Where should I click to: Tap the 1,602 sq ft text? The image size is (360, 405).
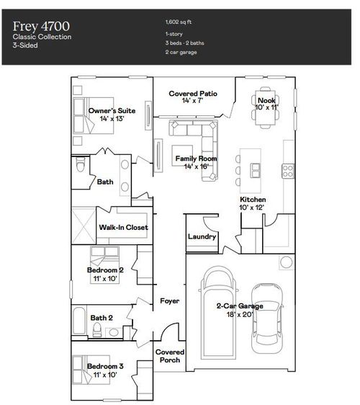pyautogui.click(x=178, y=22)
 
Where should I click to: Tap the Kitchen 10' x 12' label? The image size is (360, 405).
pyautogui.click(x=253, y=202)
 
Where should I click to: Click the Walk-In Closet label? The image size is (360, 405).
pyautogui.click(x=123, y=227)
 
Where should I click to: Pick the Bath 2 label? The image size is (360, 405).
pyautogui.click(x=101, y=317)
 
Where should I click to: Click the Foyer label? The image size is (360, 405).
pyautogui.click(x=169, y=301)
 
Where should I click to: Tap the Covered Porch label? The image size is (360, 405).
pyautogui.click(x=170, y=356)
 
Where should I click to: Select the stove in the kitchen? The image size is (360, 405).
pyautogui.click(x=287, y=171)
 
